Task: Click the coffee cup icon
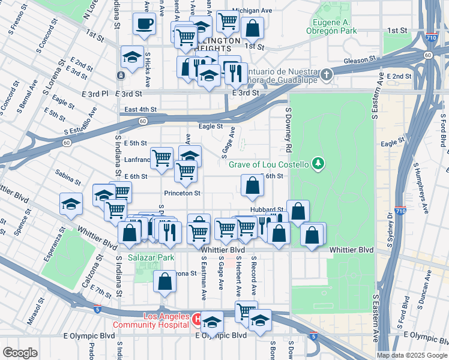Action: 144,24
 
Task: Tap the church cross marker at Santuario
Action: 326,75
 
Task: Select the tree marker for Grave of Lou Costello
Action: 318,164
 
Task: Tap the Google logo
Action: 20,353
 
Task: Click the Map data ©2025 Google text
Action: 412,355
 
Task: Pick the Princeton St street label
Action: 182,193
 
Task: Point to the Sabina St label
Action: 67,179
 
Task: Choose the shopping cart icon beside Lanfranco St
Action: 161,158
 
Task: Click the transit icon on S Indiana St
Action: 121,76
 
